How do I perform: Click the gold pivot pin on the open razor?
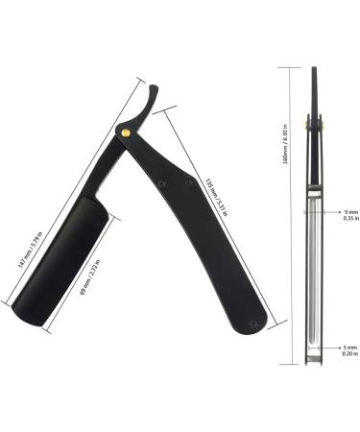point(126,131)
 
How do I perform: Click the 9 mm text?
point(350,210)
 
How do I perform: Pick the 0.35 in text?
point(350,219)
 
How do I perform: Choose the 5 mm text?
point(350,347)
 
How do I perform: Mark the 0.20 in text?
point(350,355)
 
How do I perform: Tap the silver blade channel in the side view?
point(314,269)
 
